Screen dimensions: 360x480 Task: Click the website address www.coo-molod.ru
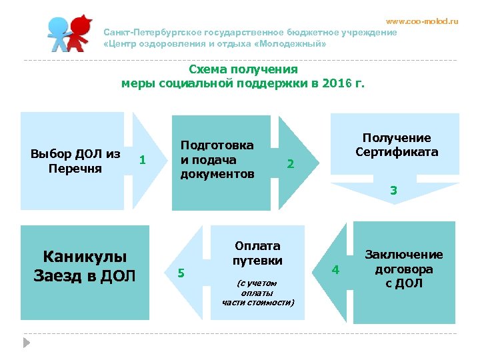[x=423, y=21]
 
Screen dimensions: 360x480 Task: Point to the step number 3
[x=394, y=191]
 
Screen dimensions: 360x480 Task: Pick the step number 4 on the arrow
[x=336, y=269]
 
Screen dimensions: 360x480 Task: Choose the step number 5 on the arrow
[x=181, y=272]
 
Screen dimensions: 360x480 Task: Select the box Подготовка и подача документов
[x=217, y=160]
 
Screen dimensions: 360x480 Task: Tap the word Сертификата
[x=397, y=152]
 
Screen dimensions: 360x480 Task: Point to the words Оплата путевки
[x=257, y=253]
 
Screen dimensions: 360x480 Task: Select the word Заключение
[x=403, y=255]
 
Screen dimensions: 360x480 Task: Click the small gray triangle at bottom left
[x=27, y=342]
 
